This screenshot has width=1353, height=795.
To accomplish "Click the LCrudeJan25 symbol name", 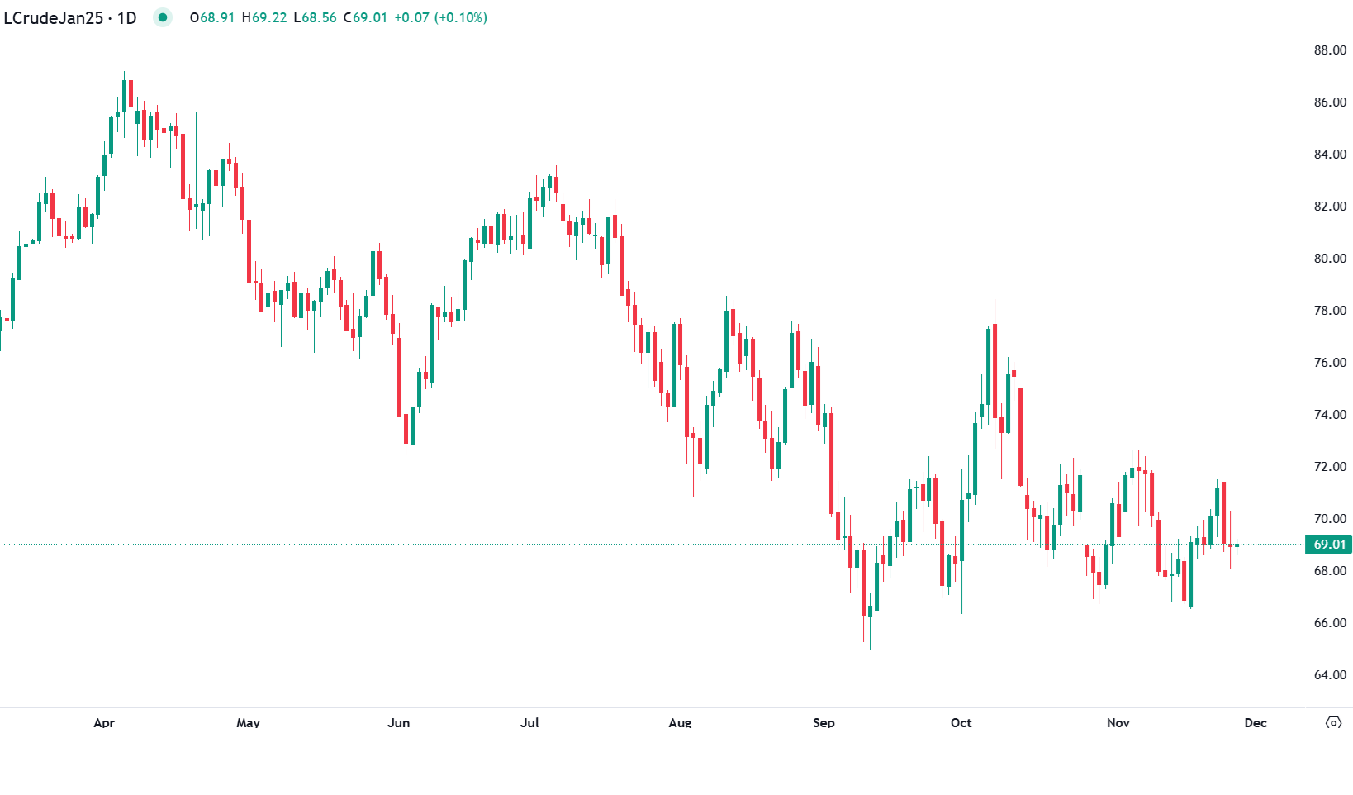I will pos(53,17).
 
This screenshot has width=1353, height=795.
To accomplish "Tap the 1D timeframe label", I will pos(126,17).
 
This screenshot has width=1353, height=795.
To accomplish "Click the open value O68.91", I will pos(212,17).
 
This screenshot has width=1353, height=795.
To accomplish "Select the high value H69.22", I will pos(264,17).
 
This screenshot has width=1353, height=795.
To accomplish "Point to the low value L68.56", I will pos(316,17).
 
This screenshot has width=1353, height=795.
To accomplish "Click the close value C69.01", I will pos(365,17).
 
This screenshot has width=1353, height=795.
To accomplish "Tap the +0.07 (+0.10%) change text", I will pos(440,17).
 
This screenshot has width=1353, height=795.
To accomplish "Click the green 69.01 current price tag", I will pos(1329,544).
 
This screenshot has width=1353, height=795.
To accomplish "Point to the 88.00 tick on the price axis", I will pos(1330,50).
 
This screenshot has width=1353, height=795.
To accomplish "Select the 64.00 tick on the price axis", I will pos(1330,675).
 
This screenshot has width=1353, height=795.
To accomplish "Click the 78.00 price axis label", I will pos(1330,311).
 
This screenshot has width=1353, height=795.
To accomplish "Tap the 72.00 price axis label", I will pos(1330,467).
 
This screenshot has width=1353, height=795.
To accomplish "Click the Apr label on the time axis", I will pos(104,723).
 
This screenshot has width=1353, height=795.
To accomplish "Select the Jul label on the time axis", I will pos(529,723).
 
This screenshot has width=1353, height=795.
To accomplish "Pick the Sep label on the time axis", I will pos(824,723).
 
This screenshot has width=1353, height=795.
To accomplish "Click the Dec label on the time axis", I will pos(1256,723).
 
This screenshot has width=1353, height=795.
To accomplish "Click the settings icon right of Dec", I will pos(1333,723).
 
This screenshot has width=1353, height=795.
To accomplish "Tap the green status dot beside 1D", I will pos(163,17).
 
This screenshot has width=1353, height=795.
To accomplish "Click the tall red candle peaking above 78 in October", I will pos(995,372).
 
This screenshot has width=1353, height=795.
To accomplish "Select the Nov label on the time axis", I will pos(1118,723).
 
